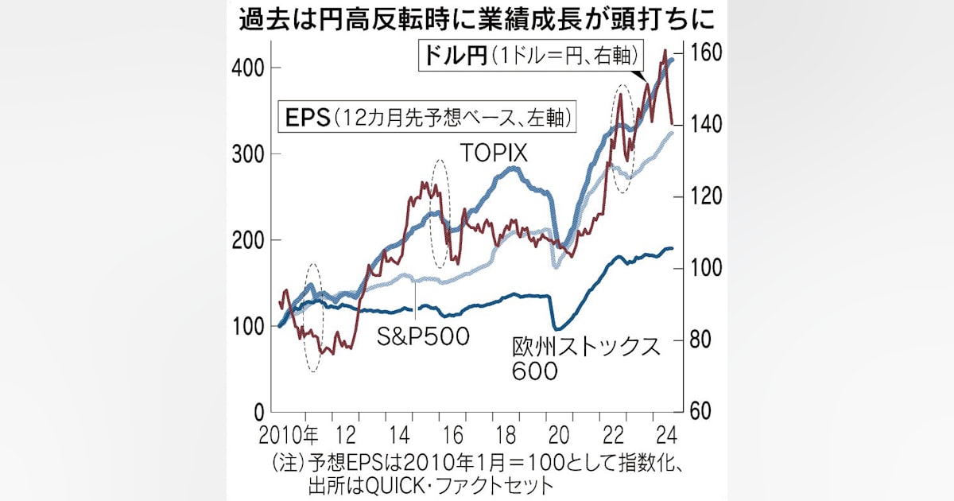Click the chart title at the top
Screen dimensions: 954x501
(x=477, y=20)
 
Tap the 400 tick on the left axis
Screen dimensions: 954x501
(x=248, y=68)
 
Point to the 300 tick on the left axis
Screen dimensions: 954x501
(x=248, y=154)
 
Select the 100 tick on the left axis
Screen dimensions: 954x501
(x=248, y=327)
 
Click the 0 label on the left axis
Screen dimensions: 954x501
(x=259, y=413)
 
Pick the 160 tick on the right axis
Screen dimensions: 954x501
(x=706, y=52)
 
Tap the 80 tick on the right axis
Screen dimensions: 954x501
(x=700, y=340)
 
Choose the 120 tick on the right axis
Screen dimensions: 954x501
(x=706, y=196)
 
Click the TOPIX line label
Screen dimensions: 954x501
(x=494, y=153)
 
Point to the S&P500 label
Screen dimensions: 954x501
(x=423, y=336)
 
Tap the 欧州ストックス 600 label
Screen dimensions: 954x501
(x=586, y=359)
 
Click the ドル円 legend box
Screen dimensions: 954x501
(x=531, y=56)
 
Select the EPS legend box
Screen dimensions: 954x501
(x=427, y=116)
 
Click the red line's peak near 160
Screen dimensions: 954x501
(x=665, y=51)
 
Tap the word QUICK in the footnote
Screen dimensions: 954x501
(x=397, y=486)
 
